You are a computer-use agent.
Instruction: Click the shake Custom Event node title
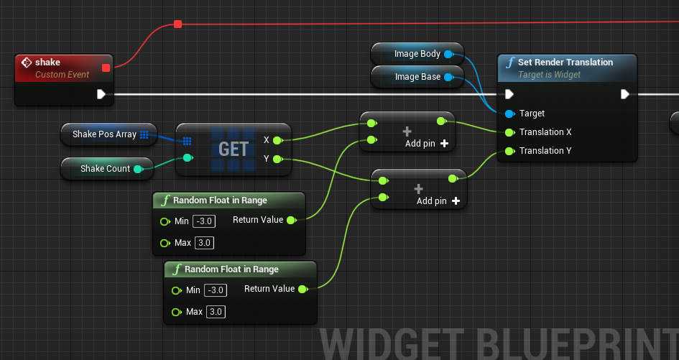pyautogui.click(x=47, y=63)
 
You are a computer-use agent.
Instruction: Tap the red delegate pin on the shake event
pyautogui.click(x=106, y=68)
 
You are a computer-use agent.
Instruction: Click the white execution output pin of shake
pyautogui.click(x=101, y=94)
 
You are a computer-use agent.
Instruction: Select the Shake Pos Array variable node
pyautogui.click(x=109, y=134)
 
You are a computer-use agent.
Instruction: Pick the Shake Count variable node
pyautogui.click(x=107, y=169)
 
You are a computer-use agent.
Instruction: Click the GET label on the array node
pyautogui.click(x=234, y=149)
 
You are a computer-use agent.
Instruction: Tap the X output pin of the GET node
pyautogui.click(x=277, y=140)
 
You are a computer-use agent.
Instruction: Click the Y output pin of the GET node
pyautogui.click(x=277, y=160)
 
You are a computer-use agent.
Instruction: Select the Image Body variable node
pyautogui.click(x=417, y=54)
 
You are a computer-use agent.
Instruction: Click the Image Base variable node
pyautogui.click(x=417, y=77)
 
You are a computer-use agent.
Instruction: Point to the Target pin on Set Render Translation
pyautogui.click(x=509, y=114)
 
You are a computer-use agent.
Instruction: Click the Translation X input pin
pyautogui.click(x=509, y=132)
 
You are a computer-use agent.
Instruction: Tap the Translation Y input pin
pyautogui.click(x=509, y=151)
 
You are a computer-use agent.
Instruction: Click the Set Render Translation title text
pyautogui.click(x=565, y=63)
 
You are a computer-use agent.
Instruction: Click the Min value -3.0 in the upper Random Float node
pyautogui.click(x=204, y=221)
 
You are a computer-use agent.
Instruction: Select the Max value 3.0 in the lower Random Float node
pyautogui.click(x=216, y=311)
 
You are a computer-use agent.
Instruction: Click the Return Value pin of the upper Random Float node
pyautogui.click(x=292, y=220)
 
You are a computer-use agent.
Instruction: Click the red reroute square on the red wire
pyautogui.click(x=177, y=24)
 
